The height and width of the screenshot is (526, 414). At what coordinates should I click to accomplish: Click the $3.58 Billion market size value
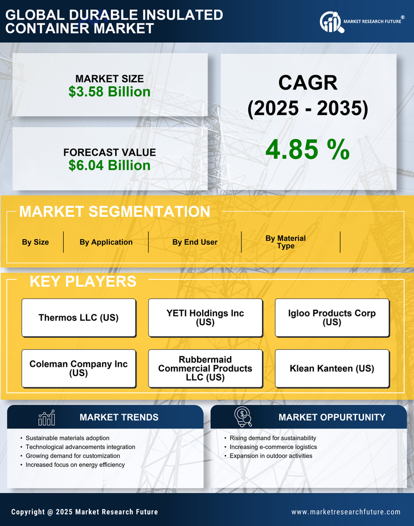(x=109, y=92)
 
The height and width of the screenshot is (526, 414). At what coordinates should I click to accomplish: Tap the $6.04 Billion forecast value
(x=109, y=165)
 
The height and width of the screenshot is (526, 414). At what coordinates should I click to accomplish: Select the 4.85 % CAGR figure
(x=308, y=149)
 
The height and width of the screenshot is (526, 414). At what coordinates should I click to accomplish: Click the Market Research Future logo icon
(x=330, y=22)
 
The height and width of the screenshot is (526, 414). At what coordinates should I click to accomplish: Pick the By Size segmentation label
(x=35, y=242)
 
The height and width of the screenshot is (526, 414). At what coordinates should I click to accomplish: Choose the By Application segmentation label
(x=106, y=242)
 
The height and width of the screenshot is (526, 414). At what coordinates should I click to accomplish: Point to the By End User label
(x=195, y=242)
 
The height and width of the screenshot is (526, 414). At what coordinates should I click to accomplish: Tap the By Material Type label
(x=285, y=242)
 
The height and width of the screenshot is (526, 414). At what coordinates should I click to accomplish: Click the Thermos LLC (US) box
(x=79, y=318)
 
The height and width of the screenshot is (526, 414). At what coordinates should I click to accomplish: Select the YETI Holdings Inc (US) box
(x=205, y=318)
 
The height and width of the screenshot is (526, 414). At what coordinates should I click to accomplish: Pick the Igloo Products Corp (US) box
(x=332, y=318)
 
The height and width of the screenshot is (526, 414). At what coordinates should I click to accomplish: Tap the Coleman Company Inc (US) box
(x=79, y=369)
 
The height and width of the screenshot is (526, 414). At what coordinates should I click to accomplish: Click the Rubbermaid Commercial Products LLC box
(x=205, y=369)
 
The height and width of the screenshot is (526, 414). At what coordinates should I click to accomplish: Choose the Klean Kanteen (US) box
(x=332, y=369)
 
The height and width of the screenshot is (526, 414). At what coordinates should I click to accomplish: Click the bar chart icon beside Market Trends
(x=46, y=418)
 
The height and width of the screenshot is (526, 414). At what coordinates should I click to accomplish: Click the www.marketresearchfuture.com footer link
(x=346, y=512)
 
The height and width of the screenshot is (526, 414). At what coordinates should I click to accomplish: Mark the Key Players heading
(x=83, y=281)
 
